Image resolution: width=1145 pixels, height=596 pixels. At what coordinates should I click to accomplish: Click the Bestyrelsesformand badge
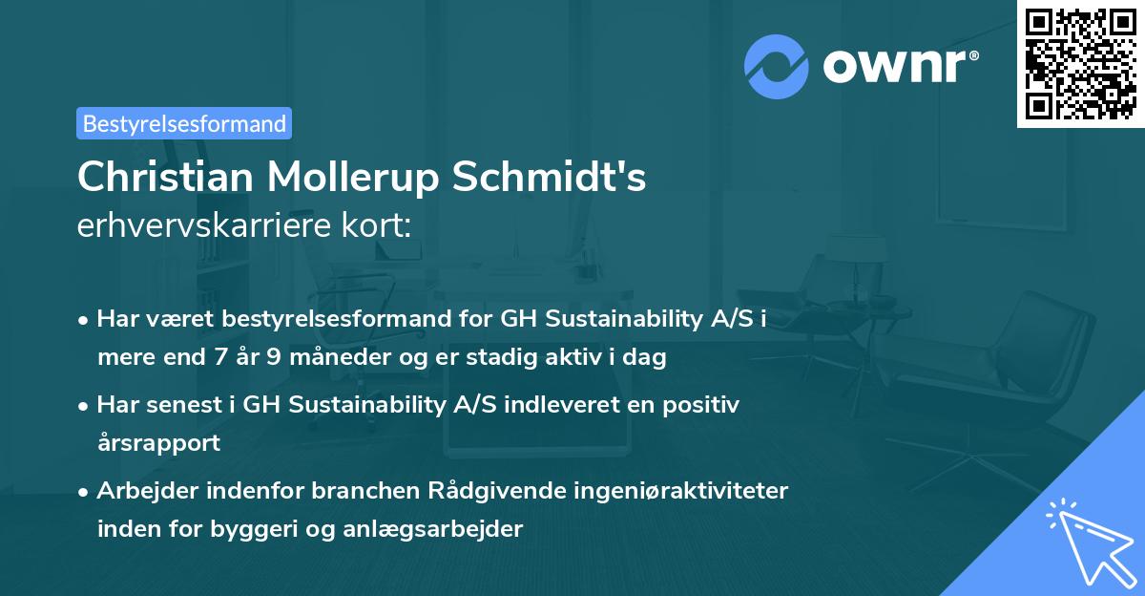pos(184,123)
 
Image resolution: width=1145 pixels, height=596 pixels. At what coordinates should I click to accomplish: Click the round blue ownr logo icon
pos(777,67)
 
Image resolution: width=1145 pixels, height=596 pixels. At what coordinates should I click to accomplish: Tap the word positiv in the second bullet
pos(702,405)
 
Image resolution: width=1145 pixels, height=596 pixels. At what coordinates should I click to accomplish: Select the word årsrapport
pos(158,443)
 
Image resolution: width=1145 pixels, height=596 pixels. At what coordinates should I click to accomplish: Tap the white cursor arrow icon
pos(1086,539)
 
